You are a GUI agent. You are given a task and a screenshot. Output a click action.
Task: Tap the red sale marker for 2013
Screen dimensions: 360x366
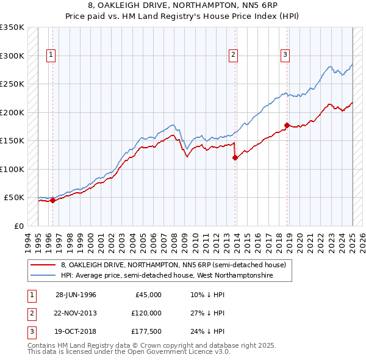(235, 157)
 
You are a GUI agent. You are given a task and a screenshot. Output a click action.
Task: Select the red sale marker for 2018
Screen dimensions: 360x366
(286, 125)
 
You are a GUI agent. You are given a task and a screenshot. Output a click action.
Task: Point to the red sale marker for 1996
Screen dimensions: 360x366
(52, 200)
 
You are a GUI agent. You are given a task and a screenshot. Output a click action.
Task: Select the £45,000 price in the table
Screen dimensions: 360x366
(148, 295)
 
